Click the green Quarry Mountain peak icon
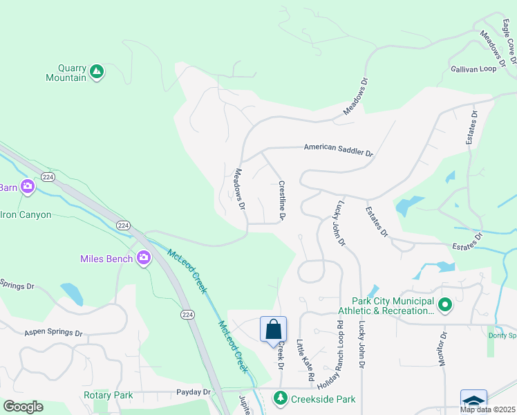[97, 71]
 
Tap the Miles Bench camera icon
[144, 259]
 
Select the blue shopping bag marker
[273, 329]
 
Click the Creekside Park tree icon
[280, 398]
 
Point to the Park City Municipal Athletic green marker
[445, 304]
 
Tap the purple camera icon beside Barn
[27, 186]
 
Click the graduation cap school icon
[473, 402]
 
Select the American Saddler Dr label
[338, 150]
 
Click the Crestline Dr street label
[282, 201]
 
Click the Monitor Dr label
[443, 349]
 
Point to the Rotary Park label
[107, 395]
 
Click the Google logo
[23, 407]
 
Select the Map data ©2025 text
[487, 409]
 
